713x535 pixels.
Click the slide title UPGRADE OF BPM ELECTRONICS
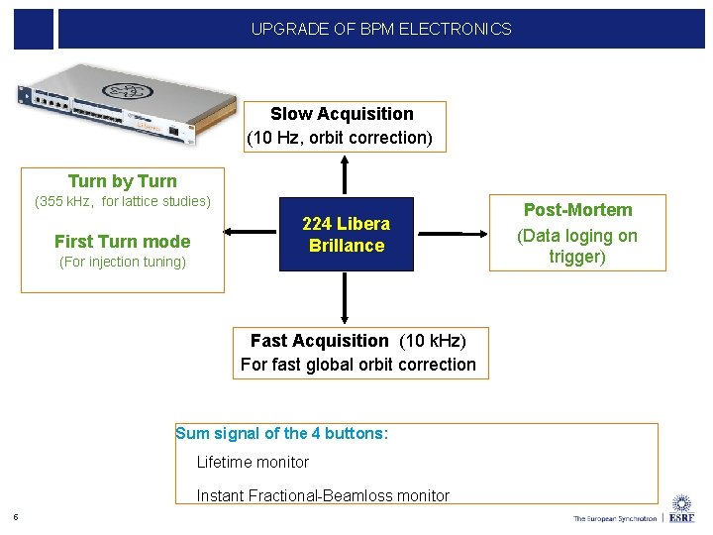click(381, 29)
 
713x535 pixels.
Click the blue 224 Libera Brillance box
click(346, 235)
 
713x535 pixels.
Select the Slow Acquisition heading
click(342, 114)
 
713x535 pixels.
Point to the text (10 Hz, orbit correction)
click(340, 138)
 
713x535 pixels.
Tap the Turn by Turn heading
click(122, 181)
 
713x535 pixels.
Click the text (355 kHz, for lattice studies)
click(123, 202)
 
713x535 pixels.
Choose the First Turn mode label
click(122, 241)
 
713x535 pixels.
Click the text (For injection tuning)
click(123, 262)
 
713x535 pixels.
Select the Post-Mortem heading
click(577, 210)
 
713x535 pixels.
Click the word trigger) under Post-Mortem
click(577, 257)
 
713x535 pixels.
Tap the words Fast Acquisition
click(321, 341)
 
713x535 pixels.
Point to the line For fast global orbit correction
click(357, 365)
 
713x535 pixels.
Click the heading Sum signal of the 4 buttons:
click(282, 433)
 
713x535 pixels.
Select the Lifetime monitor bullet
click(253, 462)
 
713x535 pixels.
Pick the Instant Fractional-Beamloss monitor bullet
click(323, 495)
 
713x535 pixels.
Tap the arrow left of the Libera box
click(253, 233)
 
